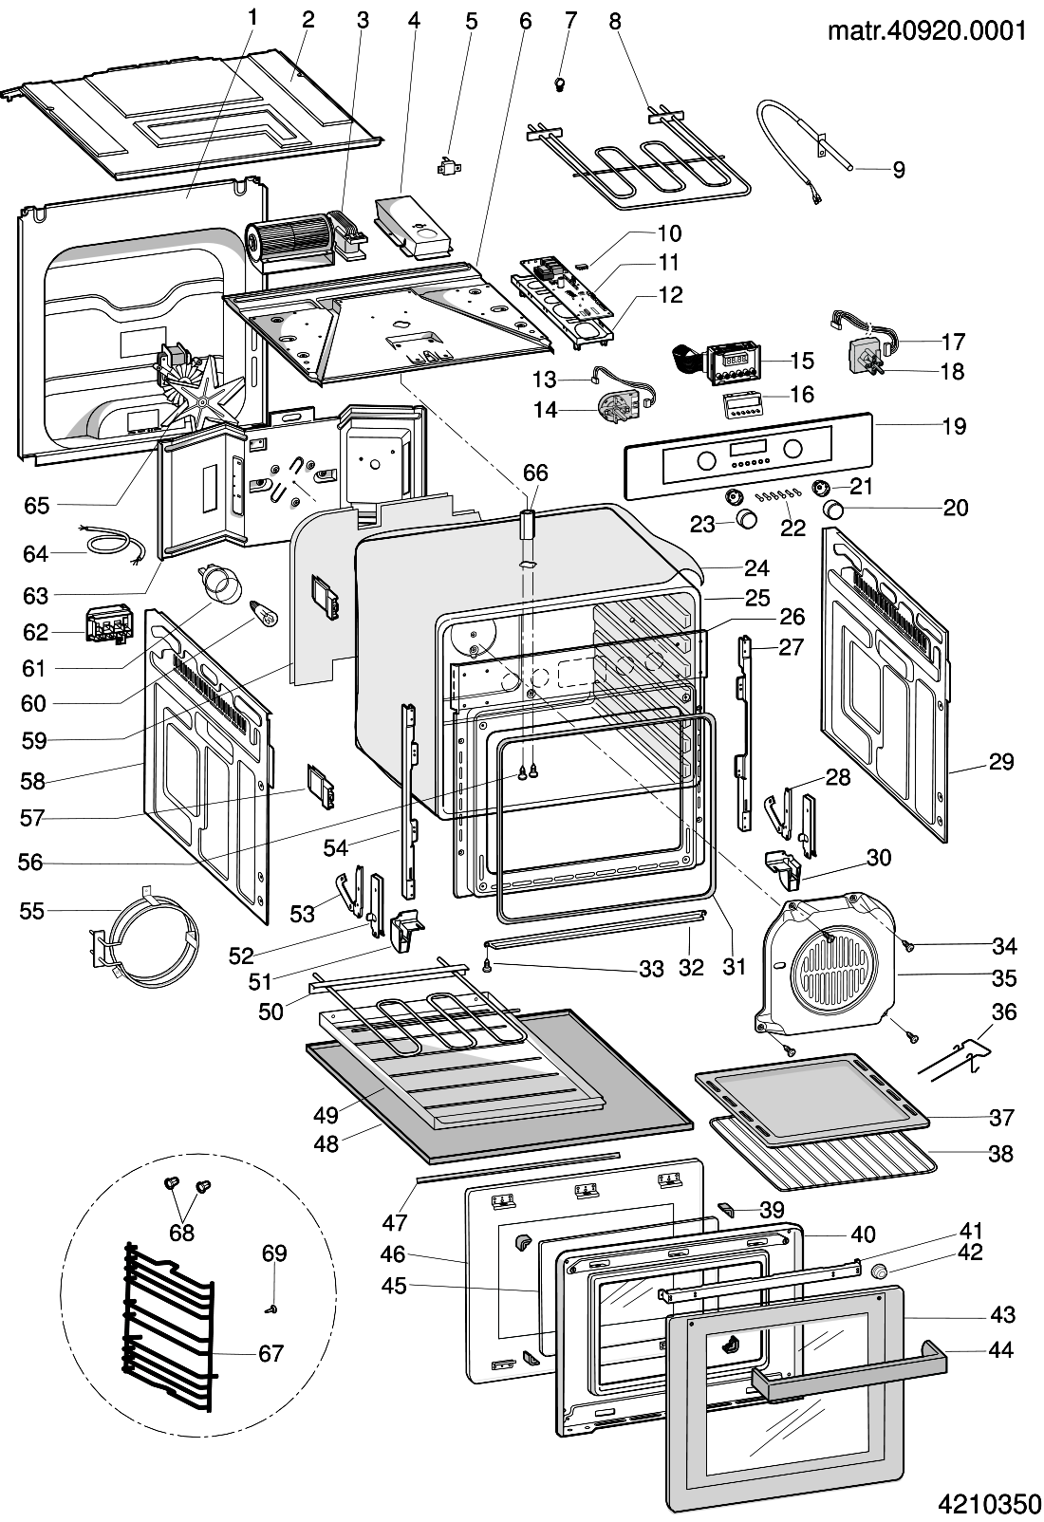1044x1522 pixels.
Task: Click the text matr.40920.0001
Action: pos(927,30)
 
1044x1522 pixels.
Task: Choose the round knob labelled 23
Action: pos(748,518)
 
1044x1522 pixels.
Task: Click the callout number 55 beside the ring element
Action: pos(31,911)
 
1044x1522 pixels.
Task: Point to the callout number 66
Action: pos(535,473)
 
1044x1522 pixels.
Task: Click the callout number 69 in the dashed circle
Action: pos(274,1253)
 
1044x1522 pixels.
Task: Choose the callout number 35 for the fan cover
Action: pos(1003,978)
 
